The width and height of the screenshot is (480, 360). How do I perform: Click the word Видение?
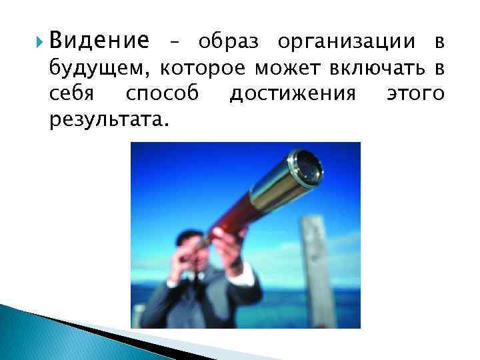[x=99, y=42]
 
